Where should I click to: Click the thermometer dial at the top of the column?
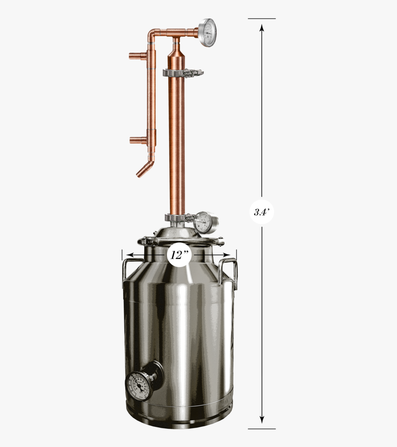(207, 32)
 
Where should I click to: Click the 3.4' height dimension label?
(262, 212)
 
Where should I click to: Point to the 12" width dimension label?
(179, 255)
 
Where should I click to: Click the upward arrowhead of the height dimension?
(262, 28)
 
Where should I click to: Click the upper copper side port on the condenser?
(137, 56)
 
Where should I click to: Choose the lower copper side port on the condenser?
(138, 140)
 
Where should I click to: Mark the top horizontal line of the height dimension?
(262, 19)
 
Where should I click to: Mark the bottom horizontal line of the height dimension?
(262, 429)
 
